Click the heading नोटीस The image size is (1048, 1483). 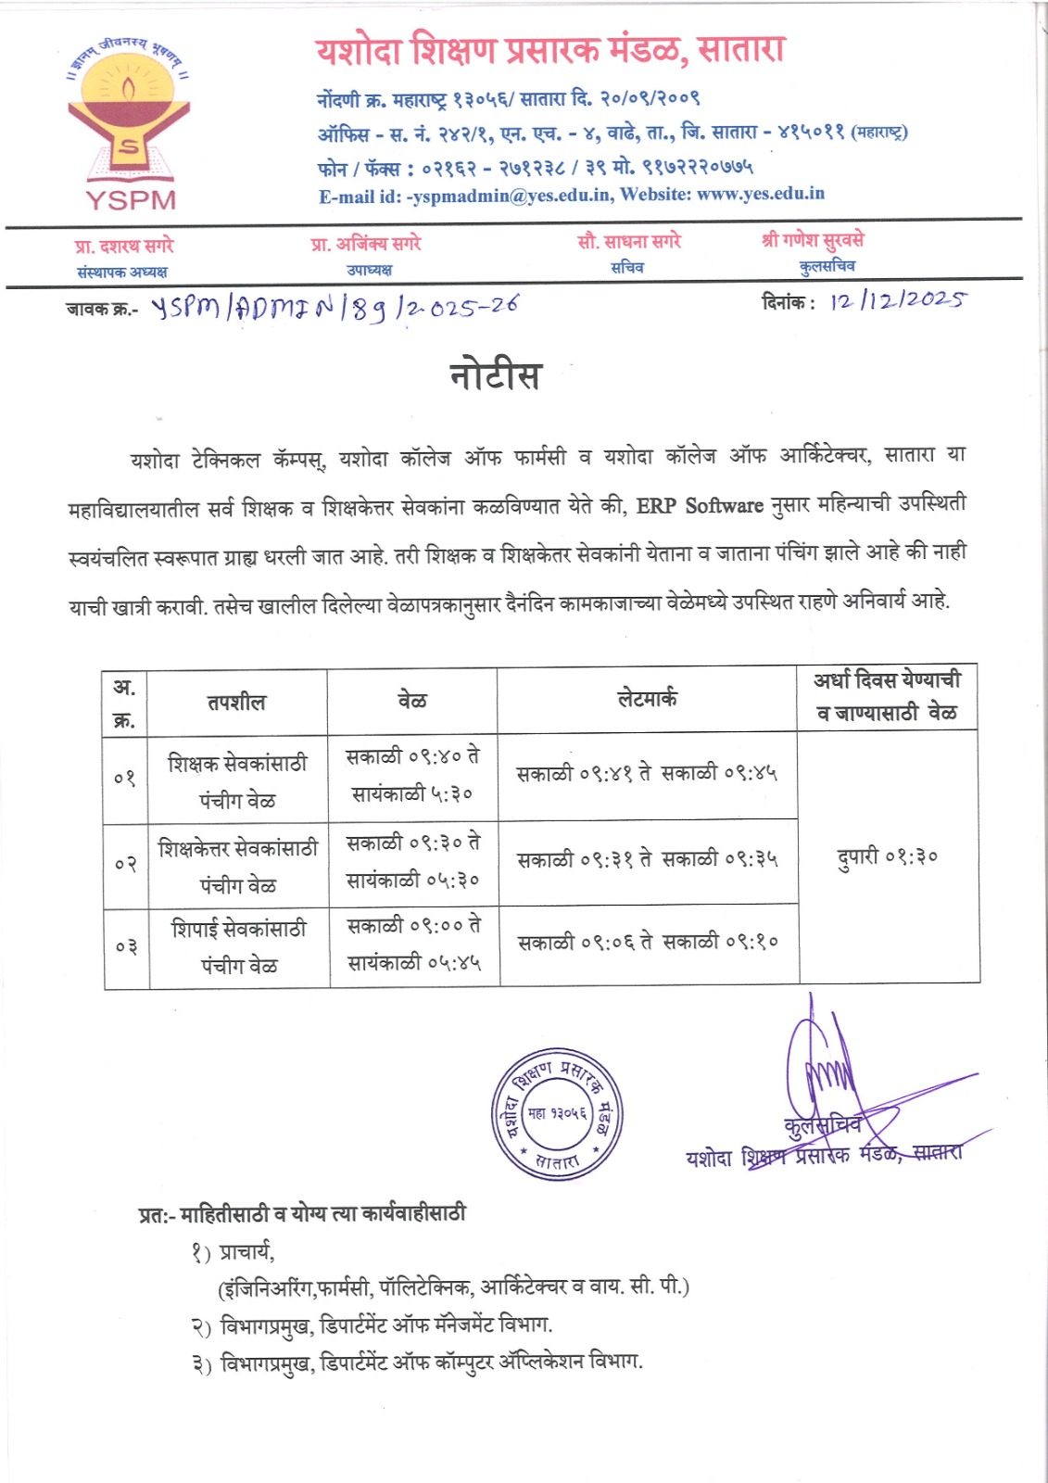point(495,375)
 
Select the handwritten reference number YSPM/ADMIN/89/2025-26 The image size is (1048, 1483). point(335,307)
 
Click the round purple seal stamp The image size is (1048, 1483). point(556,1115)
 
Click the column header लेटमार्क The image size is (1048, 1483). point(647,699)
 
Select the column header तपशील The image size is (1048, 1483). point(236,703)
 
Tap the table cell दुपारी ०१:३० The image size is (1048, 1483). point(888,857)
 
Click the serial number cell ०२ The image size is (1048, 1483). point(126,865)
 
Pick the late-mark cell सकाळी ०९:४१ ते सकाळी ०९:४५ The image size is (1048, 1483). point(647,773)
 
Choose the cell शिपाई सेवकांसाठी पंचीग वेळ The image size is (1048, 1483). point(239,946)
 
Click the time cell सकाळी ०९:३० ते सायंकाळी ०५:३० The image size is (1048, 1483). point(413,861)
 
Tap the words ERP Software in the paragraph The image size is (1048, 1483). point(700,506)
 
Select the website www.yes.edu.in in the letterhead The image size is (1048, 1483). point(760,194)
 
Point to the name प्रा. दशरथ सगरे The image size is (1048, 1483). point(124,246)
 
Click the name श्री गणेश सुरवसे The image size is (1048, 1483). point(813,241)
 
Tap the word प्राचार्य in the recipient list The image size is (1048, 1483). point(246,1252)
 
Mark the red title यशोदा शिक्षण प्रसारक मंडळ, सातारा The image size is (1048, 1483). point(549,50)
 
